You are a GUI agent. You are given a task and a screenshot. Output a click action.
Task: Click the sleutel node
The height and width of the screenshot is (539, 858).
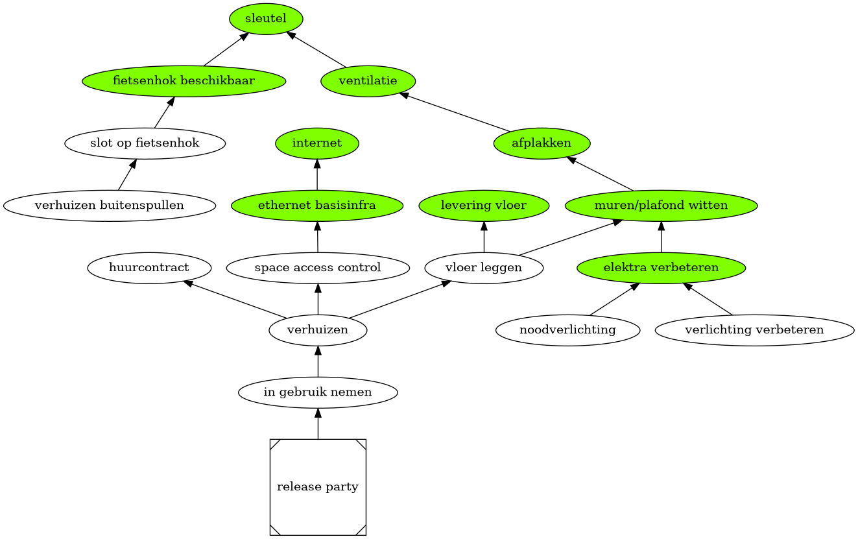click(266, 19)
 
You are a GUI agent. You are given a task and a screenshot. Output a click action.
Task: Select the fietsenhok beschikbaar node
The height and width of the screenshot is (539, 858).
click(184, 81)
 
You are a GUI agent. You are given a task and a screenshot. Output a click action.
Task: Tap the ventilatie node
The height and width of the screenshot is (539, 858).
click(368, 81)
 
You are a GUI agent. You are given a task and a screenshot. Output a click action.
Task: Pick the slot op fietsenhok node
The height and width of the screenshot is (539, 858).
click(145, 143)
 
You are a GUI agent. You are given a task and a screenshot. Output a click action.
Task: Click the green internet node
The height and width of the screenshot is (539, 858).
click(317, 143)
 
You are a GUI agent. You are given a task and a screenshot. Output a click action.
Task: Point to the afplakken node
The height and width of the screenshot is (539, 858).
click(542, 143)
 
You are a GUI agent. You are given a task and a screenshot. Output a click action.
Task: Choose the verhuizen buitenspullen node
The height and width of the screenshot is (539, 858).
click(109, 206)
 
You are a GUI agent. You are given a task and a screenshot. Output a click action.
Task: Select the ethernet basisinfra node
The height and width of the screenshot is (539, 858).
click(317, 206)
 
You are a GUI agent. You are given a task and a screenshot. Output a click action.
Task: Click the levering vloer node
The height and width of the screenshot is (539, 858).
click(484, 206)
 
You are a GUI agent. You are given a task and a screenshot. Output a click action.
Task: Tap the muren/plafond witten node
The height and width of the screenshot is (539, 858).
click(661, 206)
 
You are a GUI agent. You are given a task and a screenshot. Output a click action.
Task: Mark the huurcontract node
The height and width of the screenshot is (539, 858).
click(149, 268)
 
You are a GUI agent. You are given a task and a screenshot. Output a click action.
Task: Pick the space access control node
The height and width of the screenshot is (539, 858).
click(318, 268)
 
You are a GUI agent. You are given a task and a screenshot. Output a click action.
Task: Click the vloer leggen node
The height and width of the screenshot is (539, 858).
click(484, 268)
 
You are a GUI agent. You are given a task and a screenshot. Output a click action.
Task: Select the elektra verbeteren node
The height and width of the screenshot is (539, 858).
click(661, 268)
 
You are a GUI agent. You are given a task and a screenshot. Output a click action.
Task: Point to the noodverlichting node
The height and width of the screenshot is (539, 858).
click(567, 330)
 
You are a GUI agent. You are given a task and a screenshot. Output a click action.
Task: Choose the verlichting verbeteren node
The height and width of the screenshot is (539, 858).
click(754, 330)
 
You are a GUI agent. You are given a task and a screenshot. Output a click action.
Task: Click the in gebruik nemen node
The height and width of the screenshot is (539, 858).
click(318, 392)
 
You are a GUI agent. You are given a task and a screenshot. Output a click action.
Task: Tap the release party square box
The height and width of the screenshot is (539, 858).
click(318, 487)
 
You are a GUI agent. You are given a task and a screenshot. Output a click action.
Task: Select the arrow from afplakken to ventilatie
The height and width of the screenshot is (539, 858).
click(455, 112)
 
